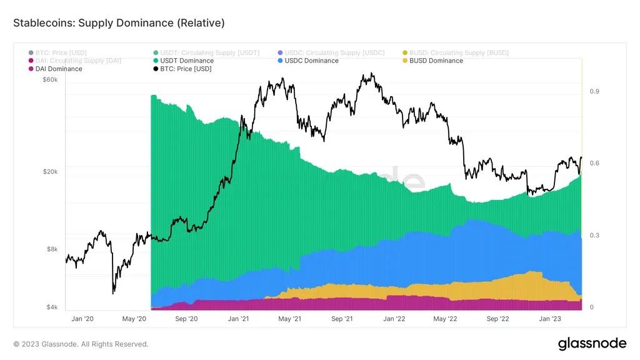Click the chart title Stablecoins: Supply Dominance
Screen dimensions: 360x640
(x=119, y=23)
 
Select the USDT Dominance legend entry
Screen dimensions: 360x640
(x=186, y=61)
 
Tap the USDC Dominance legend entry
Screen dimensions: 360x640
(x=311, y=61)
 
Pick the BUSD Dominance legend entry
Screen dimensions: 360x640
(x=436, y=61)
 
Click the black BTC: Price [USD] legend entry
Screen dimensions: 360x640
(x=186, y=69)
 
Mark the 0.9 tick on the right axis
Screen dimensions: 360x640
(x=595, y=91)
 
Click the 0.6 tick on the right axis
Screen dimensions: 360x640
(x=595, y=163)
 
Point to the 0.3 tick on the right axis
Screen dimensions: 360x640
(x=595, y=236)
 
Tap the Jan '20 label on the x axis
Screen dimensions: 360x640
(x=82, y=319)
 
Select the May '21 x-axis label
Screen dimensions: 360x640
(x=290, y=319)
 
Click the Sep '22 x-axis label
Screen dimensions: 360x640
(x=497, y=319)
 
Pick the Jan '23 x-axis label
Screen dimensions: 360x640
(x=549, y=319)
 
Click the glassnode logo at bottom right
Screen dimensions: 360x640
(x=592, y=343)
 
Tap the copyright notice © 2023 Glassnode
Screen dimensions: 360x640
(x=81, y=344)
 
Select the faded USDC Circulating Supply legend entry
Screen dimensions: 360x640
(x=334, y=52)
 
